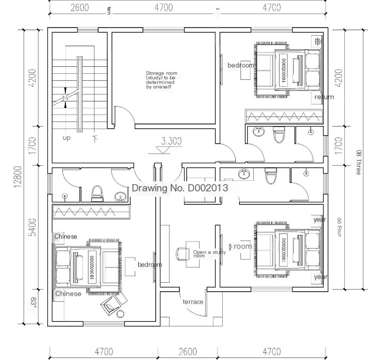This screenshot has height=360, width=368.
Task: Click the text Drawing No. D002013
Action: tap(180, 188)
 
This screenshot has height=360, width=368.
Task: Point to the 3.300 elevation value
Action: tap(171, 141)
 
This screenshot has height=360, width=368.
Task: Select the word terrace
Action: tap(193, 302)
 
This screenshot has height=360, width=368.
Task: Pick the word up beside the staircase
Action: tap(66, 138)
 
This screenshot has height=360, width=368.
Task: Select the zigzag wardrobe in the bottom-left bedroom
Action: tap(91, 212)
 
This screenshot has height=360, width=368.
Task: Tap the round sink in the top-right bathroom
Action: tap(259, 132)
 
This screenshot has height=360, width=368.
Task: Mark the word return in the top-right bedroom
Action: tap(324, 97)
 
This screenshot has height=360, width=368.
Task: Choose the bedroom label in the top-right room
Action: tap(241, 65)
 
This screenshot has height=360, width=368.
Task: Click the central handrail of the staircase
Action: tap(79, 93)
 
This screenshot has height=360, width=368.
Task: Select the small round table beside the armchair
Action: tap(121, 314)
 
